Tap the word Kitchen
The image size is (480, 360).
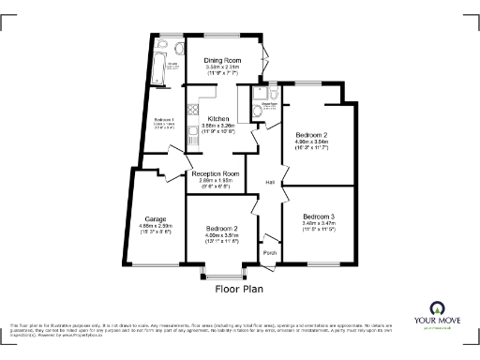pyautogui.click(x=218, y=119)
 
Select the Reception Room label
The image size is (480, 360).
pyautogui.click(x=217, y=173)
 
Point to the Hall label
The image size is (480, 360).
pyautogui.click(x=270, y=182)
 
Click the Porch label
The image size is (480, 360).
pyautogui.click(x=270, y=253)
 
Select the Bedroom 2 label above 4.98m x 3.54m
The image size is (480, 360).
pyautogui.click(x=310, y=135)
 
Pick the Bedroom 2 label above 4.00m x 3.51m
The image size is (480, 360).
pyautogui.click(x=222, y=229)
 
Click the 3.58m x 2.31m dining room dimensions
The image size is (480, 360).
pyautogui.click(x=223, y=68)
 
